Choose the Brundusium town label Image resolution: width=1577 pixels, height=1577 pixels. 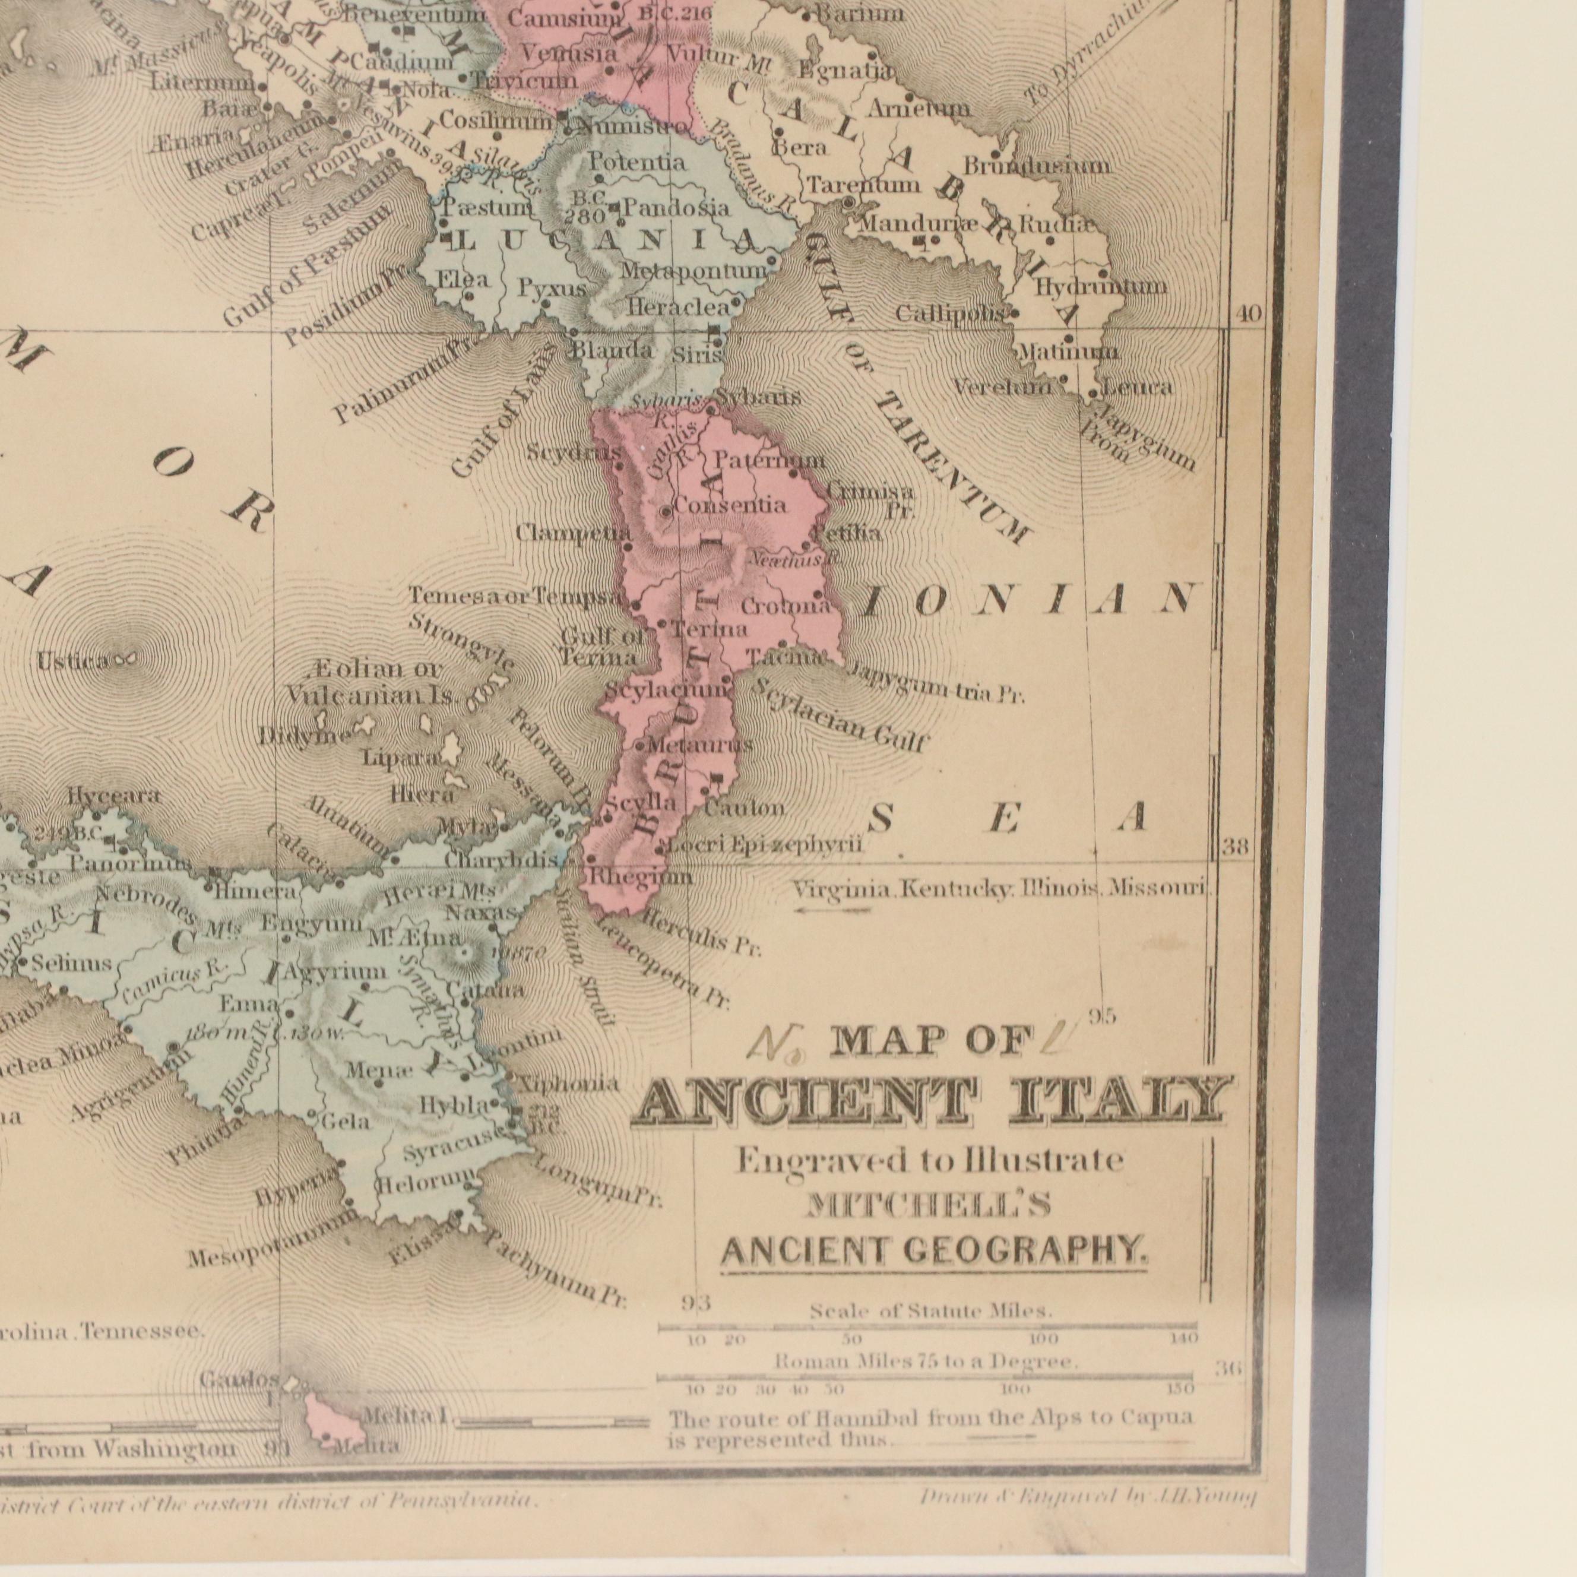[1036, 166]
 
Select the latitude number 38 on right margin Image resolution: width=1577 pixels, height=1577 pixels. [1236, 847]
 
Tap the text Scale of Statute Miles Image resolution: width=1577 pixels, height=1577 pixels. [930, 1311]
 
